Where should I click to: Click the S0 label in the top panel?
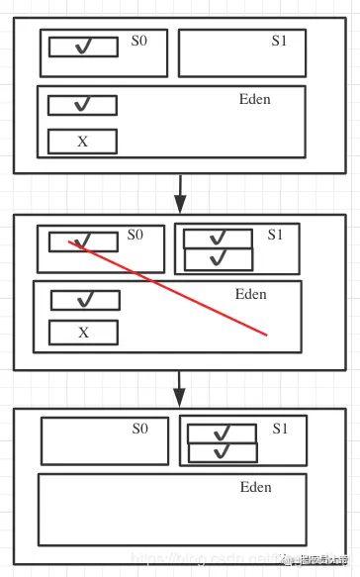click(x=139, y=43)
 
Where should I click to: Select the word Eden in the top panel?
click(x=254, y=99)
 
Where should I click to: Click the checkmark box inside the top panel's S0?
click(x=83, y=47)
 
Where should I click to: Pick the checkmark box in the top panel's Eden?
click(x=82, y=105)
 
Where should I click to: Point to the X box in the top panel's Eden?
click(x=82, y=142)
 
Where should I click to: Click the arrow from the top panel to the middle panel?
click(x=180, y=193)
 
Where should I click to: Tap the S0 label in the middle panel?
click(x=135, y=236)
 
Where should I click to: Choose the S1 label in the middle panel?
click(x=275, y=236)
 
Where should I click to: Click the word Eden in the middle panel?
click(x=251, y=294)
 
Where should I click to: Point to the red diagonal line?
click(x=168, y=288)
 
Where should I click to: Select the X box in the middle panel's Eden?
click(x=83, y=333)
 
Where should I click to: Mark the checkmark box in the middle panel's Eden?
click(x=85, y=300)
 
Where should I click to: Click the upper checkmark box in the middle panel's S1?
click(x=219, y=239)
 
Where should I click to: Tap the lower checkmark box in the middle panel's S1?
click(x=219, y=259)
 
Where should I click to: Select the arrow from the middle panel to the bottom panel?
click(x=180, y=388)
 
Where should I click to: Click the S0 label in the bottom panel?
click(x=139, y=429)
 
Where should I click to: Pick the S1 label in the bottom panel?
click(x=280, y=430)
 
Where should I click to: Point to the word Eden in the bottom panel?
click(x=255, y=488)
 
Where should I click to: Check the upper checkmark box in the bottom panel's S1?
click(x=223, y=433)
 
